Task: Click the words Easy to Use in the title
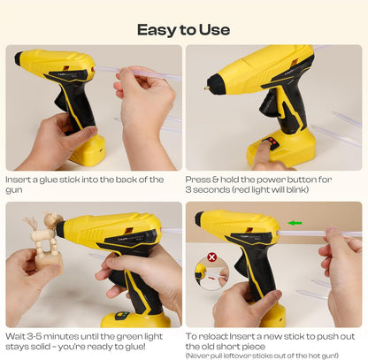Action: point(183,29)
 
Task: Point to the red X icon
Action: point(211,259)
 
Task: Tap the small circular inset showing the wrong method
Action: point(212,272)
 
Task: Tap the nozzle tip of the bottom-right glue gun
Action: point(198,218)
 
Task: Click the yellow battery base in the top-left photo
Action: point(88,151)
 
